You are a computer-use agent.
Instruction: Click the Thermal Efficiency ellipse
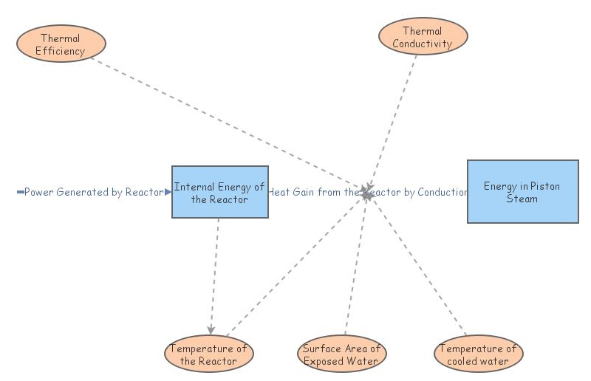tap(61, 44)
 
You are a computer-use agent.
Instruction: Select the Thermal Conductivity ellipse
tap(423, 36)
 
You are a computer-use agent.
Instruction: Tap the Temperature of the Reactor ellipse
tap(209, 354)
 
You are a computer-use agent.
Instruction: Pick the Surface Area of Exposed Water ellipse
tap(342, 354)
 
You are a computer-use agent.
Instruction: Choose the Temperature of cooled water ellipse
tap(478, 354)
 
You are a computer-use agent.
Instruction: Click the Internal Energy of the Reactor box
tap(220, 192)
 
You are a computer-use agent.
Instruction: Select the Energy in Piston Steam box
tap(523, 191)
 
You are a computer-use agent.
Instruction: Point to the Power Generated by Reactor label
tap(94, 192)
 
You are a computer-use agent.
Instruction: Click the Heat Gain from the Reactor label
tap(313, 192)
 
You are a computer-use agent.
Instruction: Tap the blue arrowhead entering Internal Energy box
tap(168, 192)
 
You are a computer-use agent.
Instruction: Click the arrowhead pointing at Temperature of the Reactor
tap(211, 330)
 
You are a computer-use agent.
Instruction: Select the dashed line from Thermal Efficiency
tap(229, 124)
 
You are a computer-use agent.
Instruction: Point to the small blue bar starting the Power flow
tap(21, 192)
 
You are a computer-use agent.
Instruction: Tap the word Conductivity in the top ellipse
tap(422, 44)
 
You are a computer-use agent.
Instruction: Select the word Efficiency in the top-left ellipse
tap(61, 51)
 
